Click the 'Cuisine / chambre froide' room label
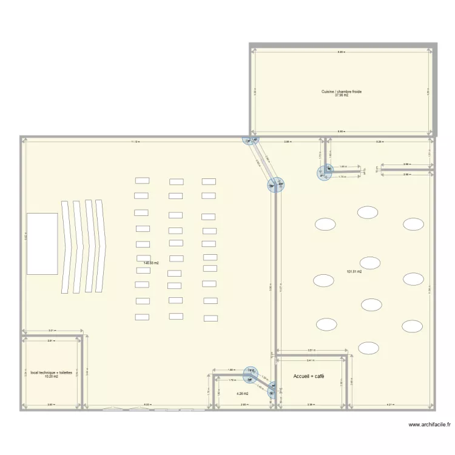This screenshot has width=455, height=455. coord(342,92)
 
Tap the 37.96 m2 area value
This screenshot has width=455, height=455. coord(342,95)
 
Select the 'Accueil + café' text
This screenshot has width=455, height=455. coord(309,377)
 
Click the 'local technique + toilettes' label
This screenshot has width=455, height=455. coord(51,372)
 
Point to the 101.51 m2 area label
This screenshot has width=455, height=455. coord(354,272)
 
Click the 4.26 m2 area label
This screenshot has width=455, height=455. coord(243,393)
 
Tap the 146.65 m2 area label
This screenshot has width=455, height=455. coord(151,263)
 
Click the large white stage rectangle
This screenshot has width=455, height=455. coord(42,252)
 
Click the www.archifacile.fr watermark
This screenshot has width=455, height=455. coord(430,425)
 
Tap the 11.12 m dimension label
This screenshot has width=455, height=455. coord(135,141)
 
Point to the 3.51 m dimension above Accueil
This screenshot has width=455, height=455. coord(311,351)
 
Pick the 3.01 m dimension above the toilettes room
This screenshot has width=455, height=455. coord(52,331)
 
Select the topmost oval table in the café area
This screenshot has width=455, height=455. coord(367,212)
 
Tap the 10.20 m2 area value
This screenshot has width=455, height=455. coord(51,377)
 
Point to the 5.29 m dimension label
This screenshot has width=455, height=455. coord(379,141)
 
